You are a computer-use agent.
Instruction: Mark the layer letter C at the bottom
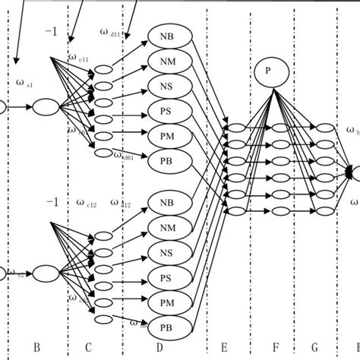click(88, 347)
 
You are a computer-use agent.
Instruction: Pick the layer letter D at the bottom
click(160, 347)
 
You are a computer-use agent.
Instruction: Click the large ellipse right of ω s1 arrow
click(46, 108)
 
